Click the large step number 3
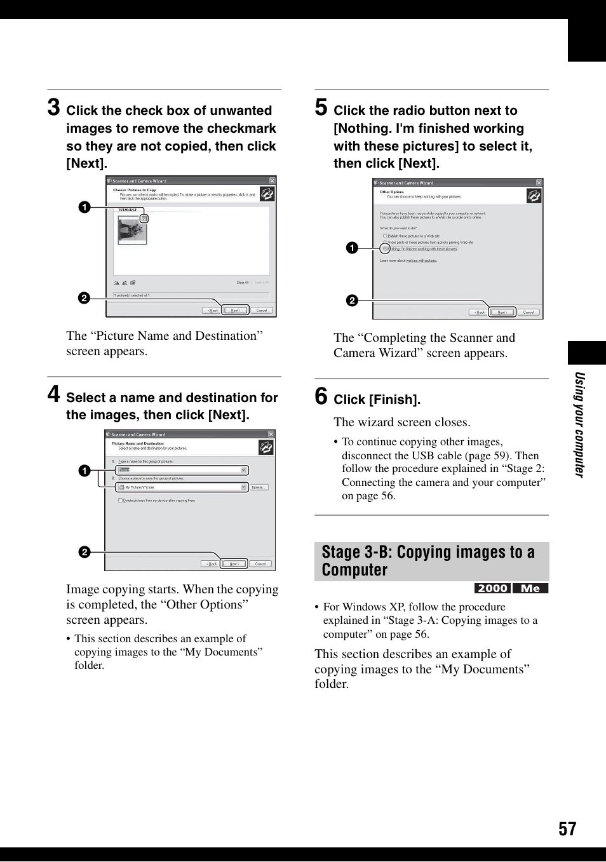tap(54, 107)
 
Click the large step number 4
tap(54, 394)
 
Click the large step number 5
tap(321, 107)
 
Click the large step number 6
tap(321, 396)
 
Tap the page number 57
tap(567, 829)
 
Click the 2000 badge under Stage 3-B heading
tap(492, 588)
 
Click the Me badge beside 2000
tap(530, 588)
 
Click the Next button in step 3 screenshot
tap(235, 311)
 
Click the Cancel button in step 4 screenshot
tap(260, 563)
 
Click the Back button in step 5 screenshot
tap(478, 313)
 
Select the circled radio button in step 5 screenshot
tap(385, 248)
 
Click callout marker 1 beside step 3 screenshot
tap(84, 207)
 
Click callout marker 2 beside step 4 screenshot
tap(84, 552)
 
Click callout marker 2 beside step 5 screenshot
tap(352, 300)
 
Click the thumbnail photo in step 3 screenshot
tap(132, 230)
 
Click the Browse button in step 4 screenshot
tap(259, 487)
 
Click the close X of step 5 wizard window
tap(539, 182)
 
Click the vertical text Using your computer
tap(579, 424)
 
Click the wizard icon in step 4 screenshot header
tap(266, 447)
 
